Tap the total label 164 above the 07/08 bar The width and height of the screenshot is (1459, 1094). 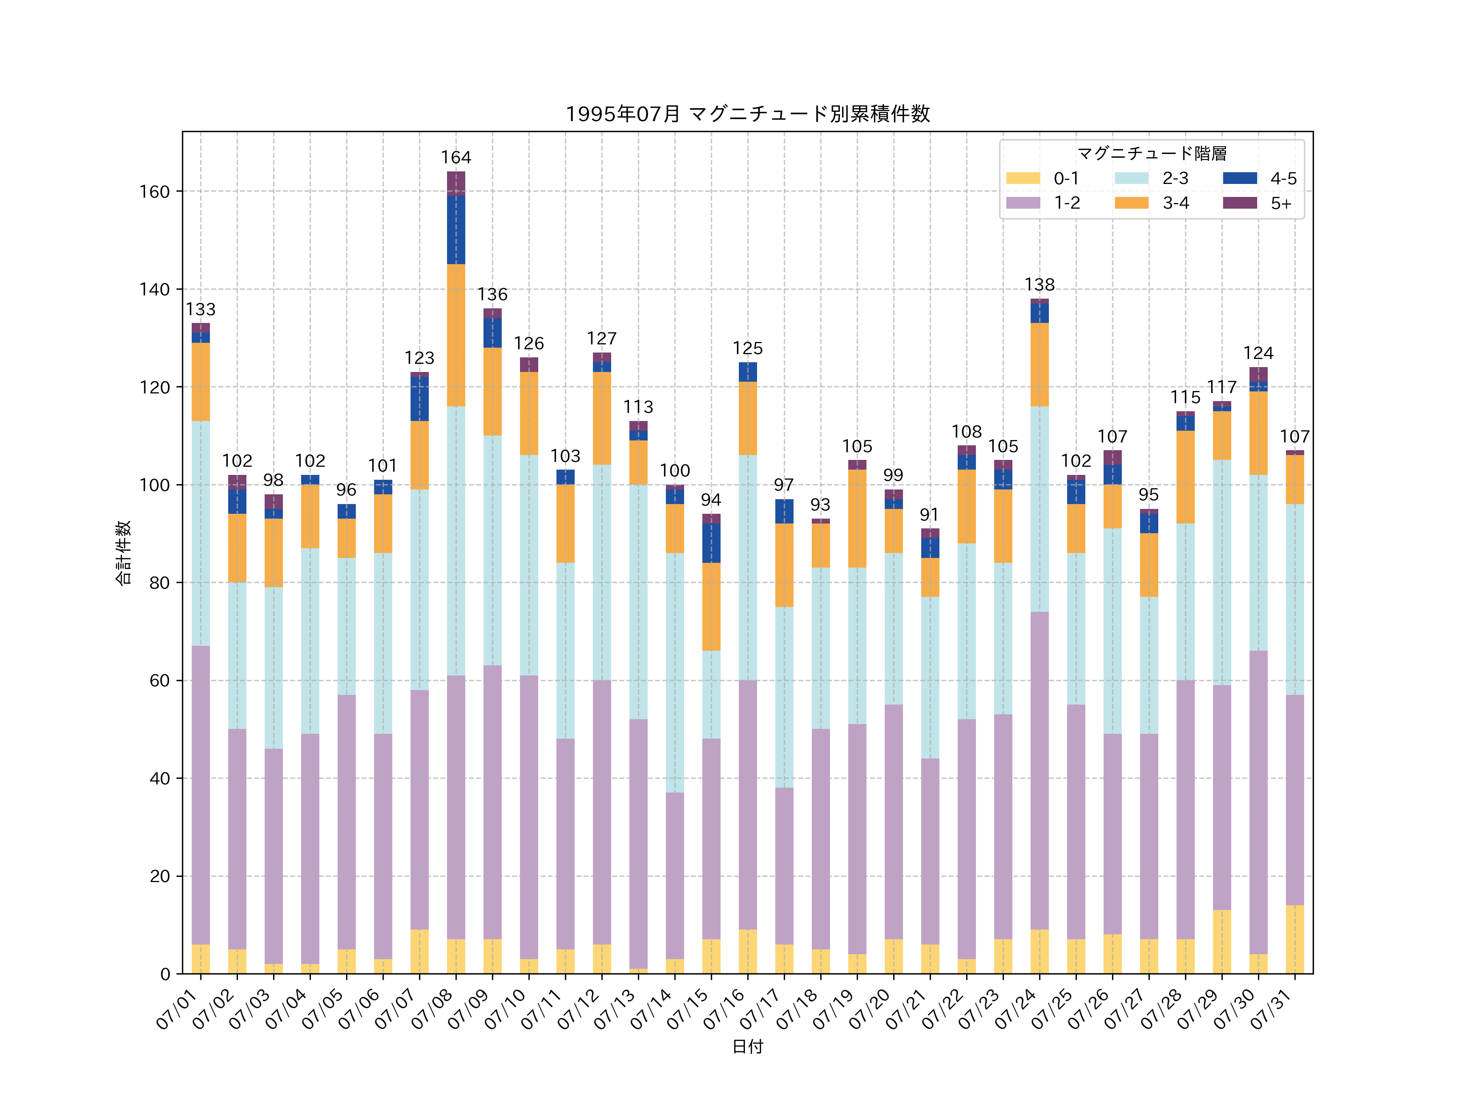(x=456, y=158)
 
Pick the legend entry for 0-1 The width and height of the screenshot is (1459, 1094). (x=1042, y=178)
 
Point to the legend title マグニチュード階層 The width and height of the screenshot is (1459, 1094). (x=1152, y=154)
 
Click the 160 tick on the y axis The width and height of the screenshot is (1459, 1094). (x=154, y=192)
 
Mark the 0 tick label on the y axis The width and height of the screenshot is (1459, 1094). (x=165, y=974)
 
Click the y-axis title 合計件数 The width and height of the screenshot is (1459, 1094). (x=123, y=553)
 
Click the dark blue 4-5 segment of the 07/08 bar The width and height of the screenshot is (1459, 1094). (x=456, y=230)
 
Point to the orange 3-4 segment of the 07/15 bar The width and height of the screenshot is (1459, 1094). (x=711, y=607)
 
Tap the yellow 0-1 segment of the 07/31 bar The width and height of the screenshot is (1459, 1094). (x=1295, y=939)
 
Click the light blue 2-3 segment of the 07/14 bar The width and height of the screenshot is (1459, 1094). (x=675, y=673)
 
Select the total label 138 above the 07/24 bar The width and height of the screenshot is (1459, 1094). (x=1040, y=285)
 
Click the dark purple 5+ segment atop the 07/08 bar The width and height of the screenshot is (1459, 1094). (x=456, y=183)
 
